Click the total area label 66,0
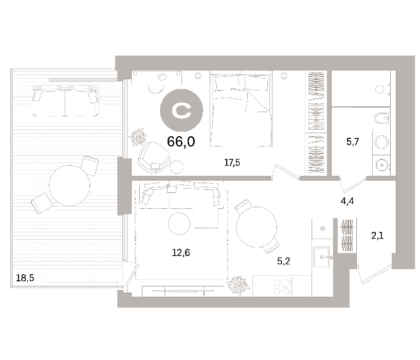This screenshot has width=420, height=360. click(x=181, y=141)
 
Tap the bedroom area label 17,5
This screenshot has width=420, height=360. click(x=232, y=163)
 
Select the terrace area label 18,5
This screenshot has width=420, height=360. click(x=25, y=278)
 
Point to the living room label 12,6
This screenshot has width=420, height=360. click(x=181, y=253)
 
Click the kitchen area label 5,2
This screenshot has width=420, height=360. click(x=283, y=261)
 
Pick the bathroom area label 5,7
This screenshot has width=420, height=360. click(x=353, y=141)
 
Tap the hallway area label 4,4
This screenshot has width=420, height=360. click(x=347, y=201)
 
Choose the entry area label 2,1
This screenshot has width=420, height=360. click(x=377, y=236)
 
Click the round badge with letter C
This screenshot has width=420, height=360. click(x=181, y=111)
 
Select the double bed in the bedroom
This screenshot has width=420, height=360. click(x=241, y=110)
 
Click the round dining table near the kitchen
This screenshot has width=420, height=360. click(x=257, y=227)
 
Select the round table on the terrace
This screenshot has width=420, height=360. click(x=69, y=186)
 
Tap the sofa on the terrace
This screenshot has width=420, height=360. click(x=65, y=101)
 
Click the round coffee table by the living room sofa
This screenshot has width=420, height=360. click(x=179, y=224)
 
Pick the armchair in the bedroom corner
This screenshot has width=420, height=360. click(x=153, y=157)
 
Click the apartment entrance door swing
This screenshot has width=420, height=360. click(x=374, y=274)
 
